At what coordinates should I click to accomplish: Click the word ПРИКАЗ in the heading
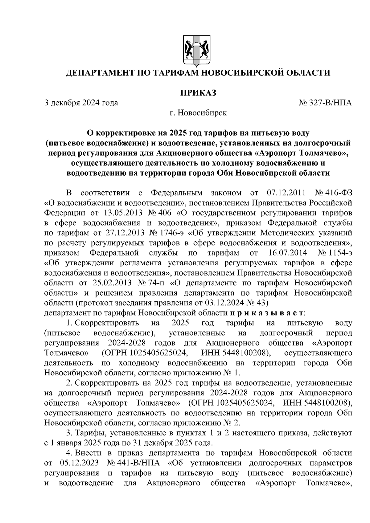tap(198, 92)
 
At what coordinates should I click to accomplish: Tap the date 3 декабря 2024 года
tap(81, 103)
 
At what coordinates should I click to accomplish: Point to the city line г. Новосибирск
tap(198, 113)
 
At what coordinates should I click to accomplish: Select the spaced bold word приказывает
tap(267, 313)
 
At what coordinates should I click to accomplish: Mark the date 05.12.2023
tap(78, 463)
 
